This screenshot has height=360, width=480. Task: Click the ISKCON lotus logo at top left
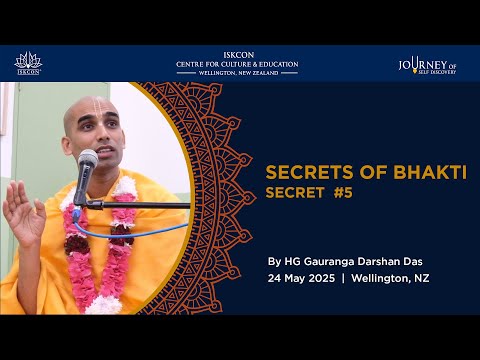coord(28,63)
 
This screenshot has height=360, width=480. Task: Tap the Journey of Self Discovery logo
coord(428,64)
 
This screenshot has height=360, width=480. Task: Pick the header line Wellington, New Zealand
coord(237,74)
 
